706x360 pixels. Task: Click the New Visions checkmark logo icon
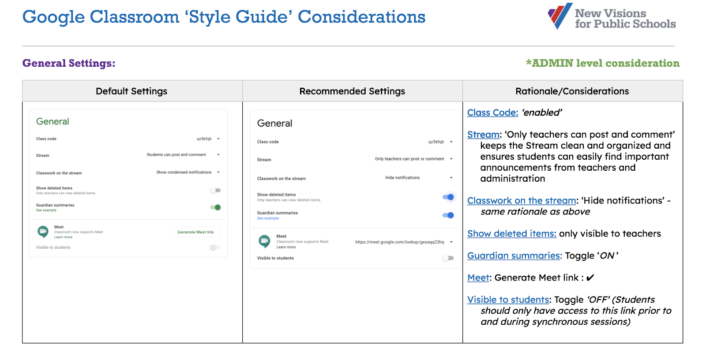pyautogui.click(x=560, y=16)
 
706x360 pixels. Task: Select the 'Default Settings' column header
pyautogui.click(x=131, y=91)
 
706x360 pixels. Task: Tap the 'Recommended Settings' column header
pyautogui.click(x=352, y=91)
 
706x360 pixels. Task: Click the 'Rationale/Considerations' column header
pyautogui.click(x=572, y=91)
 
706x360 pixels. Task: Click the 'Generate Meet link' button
pyautogui.click(x=195, y=232)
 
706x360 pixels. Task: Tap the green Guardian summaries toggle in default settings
pyautogui.click(x=216, y=207)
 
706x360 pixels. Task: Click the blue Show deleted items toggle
pyautogui.click(x=448, y=197)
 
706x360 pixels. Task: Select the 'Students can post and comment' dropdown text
pyautogui.click(x=176, y=154)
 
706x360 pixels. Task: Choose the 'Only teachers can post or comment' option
pyautogui.click(x=409, y=159)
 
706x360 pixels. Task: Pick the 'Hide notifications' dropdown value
pyautogui.click(x=402, y=178)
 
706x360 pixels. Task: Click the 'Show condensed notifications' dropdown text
pyautogui.click(x=184, y=172)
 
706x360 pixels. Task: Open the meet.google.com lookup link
pyautogui.click(x=400, y=242)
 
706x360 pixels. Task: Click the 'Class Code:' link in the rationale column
pyautogui.click(x=492, y=112)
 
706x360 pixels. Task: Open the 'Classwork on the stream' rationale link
pyautogui.click(x=522, y=200)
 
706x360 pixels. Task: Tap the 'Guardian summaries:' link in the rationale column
pyautogui.click(x=514, y=255)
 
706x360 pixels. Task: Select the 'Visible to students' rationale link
pyautogui.click(x=508, y=300)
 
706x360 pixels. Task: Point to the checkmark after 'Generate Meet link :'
pyautogui.click(x=590, y=278)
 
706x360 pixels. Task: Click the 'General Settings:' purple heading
pyautogui.click(x=69, y=63)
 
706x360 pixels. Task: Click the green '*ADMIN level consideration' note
pyautogui.click(x=603, y=63)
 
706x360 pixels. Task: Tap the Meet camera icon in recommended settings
pyautogui.click(x=264, y=241)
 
